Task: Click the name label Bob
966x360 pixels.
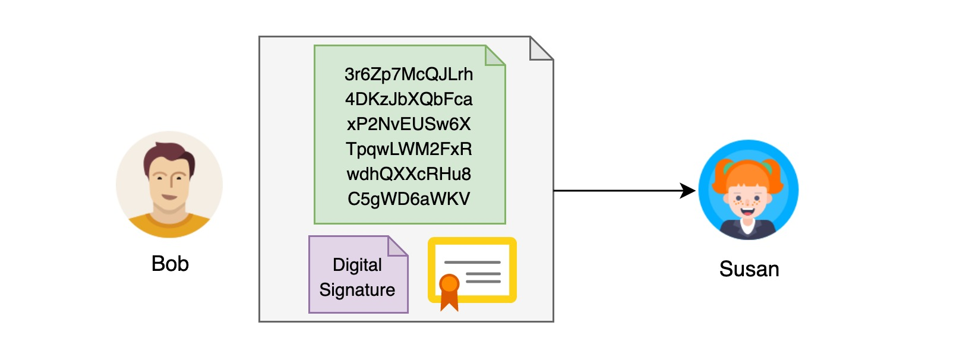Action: pos(170,263)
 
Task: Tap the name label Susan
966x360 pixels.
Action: pos(749,269)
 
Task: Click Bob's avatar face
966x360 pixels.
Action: pos(169,181)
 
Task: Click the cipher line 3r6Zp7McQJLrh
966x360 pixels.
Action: pos(409,74)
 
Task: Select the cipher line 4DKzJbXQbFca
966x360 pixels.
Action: pos(409,99)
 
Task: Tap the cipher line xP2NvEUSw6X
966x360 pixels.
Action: pos(409,124)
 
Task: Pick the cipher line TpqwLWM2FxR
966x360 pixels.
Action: pos(409,149)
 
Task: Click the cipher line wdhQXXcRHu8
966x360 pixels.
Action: pos(409,174)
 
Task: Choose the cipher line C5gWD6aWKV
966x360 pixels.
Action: pos(409,199)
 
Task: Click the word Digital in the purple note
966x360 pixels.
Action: pos(357,264)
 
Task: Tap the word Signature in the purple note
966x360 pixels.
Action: pos(357,290)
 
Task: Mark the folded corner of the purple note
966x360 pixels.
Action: pos(397,246)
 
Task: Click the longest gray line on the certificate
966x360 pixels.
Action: pos(472,262)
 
